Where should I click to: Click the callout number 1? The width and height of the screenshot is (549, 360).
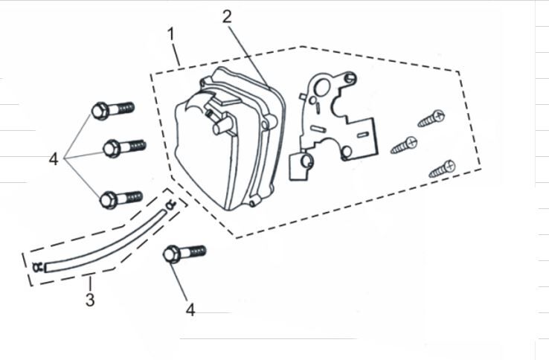(x=171, y=34)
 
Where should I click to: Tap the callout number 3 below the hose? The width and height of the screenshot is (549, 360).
(x=89, y=300)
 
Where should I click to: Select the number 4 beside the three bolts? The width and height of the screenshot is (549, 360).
(x=54, y=159)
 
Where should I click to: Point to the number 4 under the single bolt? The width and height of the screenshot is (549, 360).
(x=190, y=309)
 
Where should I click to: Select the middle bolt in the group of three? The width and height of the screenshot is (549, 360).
(x=122, y=147)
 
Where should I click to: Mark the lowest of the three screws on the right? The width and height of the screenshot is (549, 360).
(x=442, y=168)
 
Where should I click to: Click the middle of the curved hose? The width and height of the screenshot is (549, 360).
(x=104, y=242)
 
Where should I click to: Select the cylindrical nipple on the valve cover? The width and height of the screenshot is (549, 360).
(x=221, y=127)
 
